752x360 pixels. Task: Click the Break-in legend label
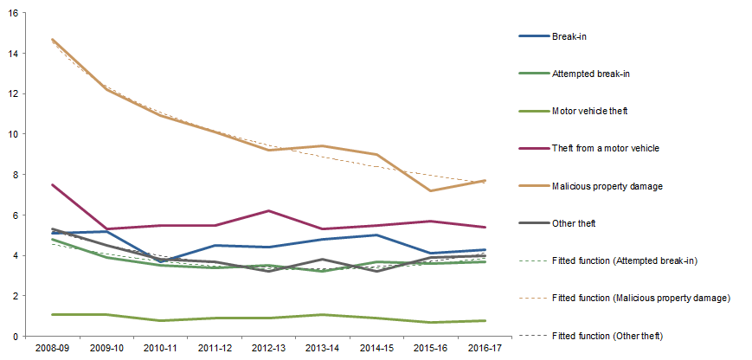point(569,36)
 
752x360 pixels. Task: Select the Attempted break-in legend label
point(589,74)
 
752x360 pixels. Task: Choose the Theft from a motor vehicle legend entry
point(606,148)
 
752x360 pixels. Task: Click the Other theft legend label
point(574,222)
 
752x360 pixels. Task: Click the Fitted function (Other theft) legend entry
point(611,334)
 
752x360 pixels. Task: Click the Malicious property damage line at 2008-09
point(52,40)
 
